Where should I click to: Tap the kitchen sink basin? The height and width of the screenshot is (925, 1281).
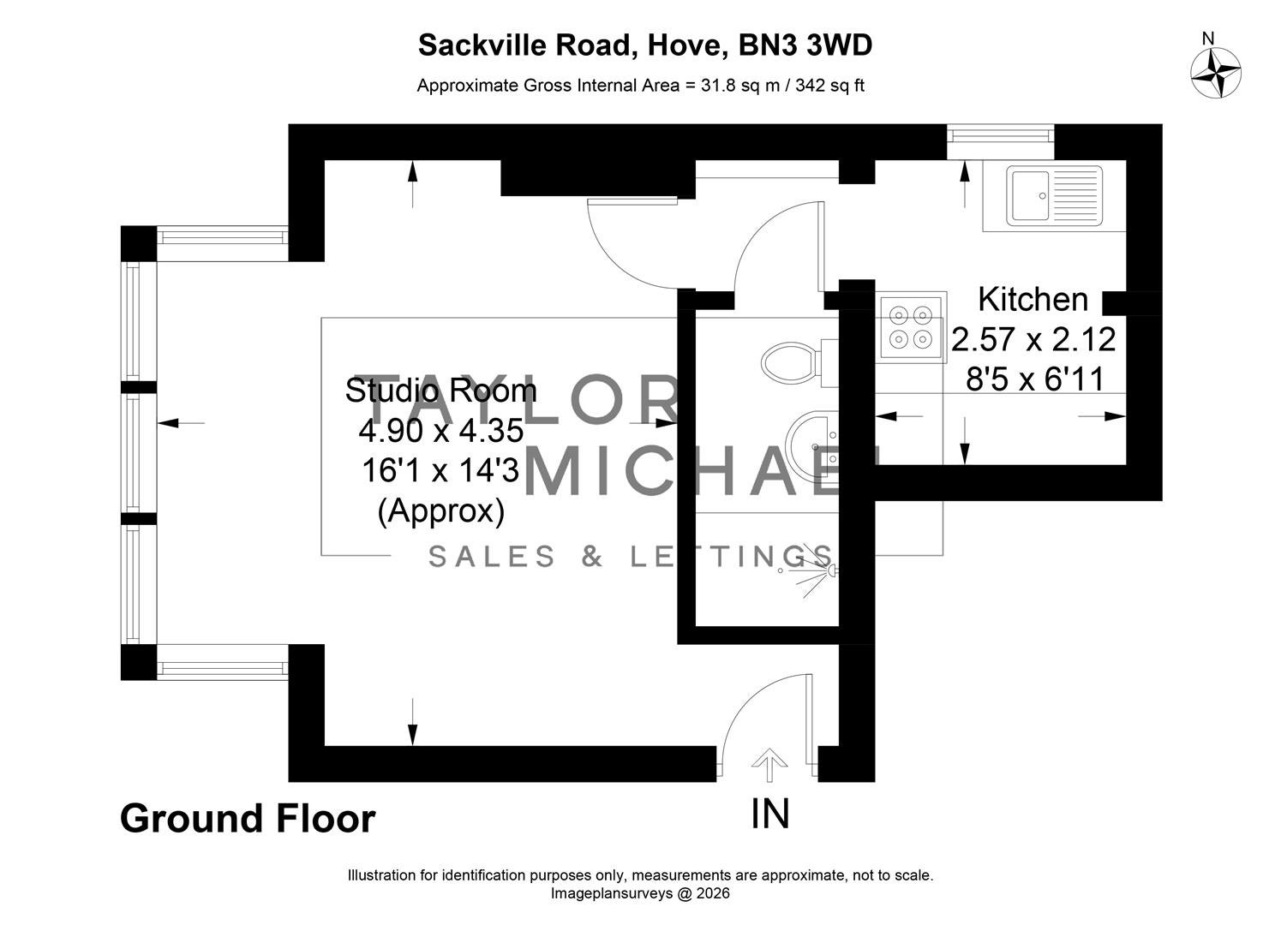[x=1031, y=195]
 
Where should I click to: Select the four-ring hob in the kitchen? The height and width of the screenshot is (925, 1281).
[x=911, y=327]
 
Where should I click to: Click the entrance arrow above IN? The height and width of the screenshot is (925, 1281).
[x=769, y=764]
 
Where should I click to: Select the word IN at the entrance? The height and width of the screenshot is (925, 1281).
[x=769, y=815]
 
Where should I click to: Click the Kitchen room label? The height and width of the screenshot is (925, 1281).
[x=1033, y=300]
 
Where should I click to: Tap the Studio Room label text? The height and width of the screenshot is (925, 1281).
[x=441, y=391]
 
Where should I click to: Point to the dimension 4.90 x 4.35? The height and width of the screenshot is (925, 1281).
[x=441, y=431]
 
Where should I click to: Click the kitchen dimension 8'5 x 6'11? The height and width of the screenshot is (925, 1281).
[x=1034, y=379]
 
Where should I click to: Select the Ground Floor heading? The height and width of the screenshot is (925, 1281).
[x=248, y=819]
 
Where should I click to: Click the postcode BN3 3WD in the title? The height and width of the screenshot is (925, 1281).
[x=805, y=45]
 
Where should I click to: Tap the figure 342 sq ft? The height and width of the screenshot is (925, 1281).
[x=829, y=86]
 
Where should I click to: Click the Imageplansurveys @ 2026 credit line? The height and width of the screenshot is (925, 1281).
[x=641, y=893]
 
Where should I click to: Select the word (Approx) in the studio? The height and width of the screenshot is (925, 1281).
[x=441, y=511]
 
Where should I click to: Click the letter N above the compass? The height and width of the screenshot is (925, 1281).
[x=1208, y=39]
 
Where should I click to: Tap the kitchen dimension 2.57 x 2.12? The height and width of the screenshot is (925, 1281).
[x=1033, y=339]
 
